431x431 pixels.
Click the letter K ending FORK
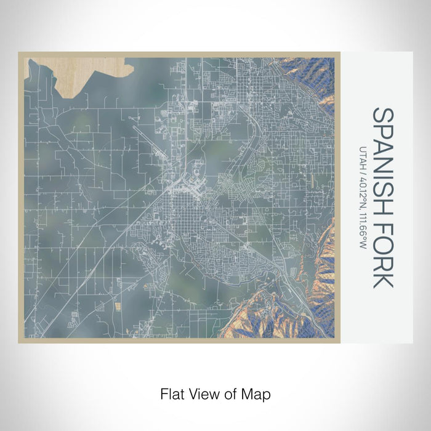point(382,279)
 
